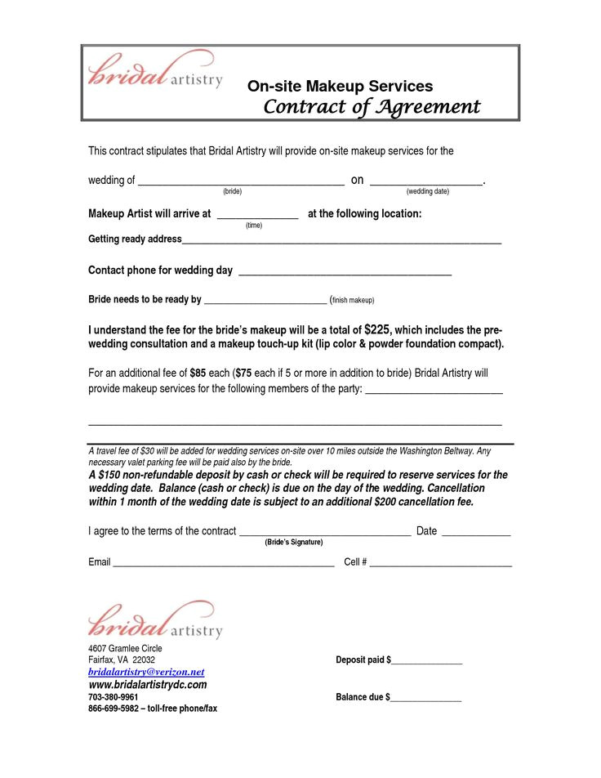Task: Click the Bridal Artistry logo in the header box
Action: [154, 72]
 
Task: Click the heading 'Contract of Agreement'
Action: [372, 107]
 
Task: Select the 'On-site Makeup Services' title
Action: [340, 86]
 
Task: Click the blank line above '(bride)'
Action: [241, 183]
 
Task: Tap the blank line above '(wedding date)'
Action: [426, 183]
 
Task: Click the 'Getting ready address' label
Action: [135, 239]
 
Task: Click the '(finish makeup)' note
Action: [352, 300]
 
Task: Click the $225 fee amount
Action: [377, 329]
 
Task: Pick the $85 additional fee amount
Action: [198, 373]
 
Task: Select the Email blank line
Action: [223, 565]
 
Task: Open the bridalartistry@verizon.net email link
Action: [145, 671]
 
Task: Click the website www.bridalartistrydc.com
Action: [147, 685]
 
